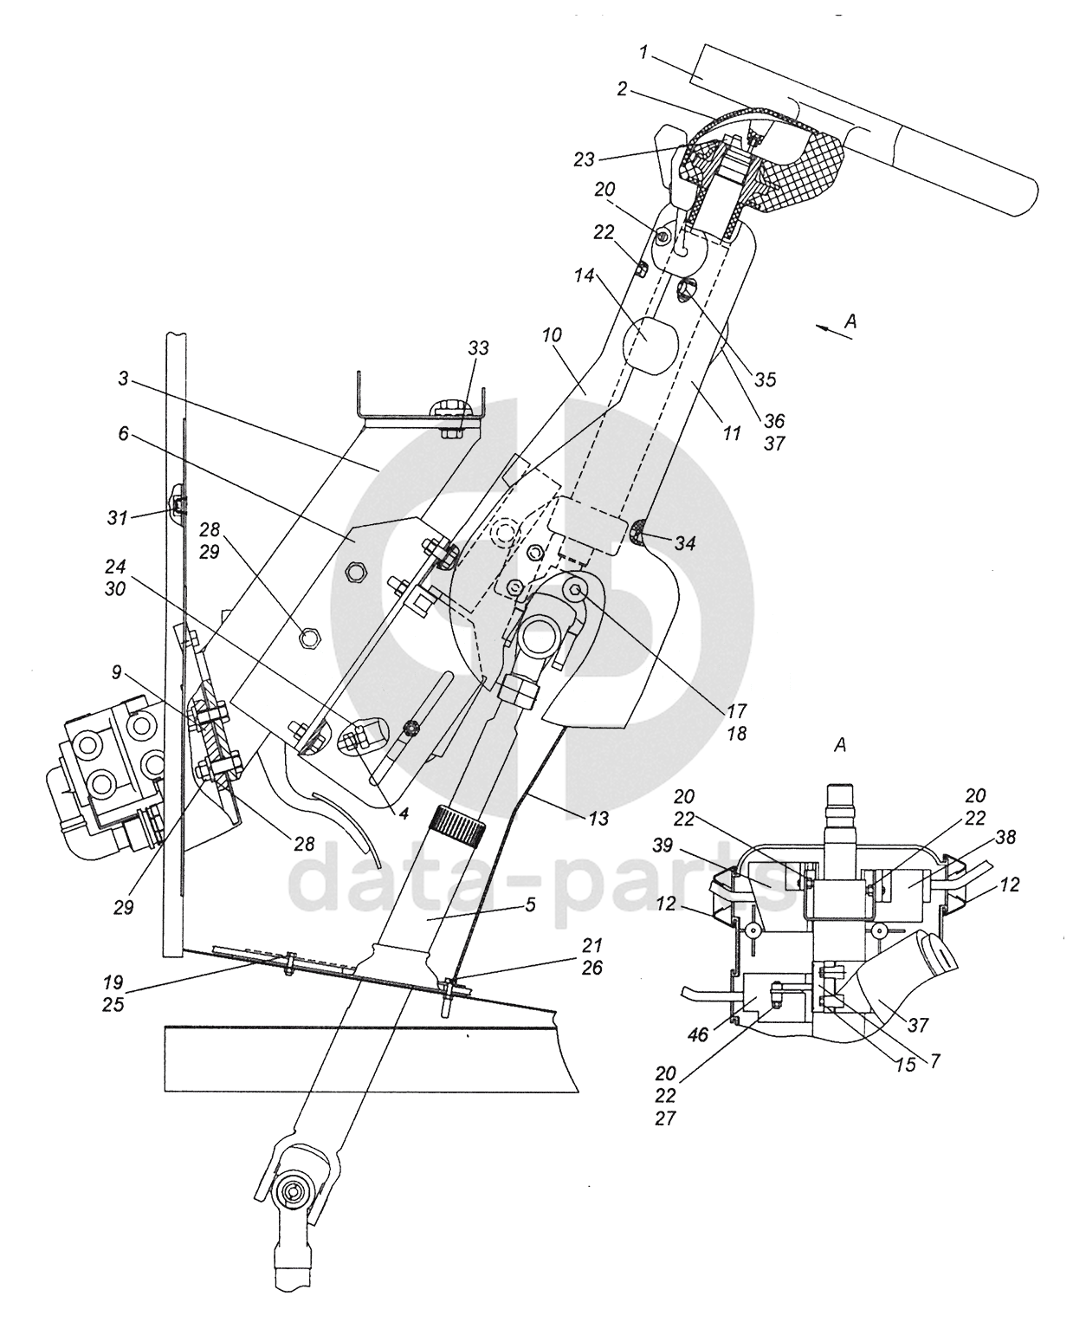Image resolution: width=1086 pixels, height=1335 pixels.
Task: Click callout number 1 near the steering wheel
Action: (x=643, y=52)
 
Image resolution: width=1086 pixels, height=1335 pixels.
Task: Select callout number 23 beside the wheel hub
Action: (x=584, y=159)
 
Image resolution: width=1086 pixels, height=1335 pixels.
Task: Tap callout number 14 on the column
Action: (x=584, y=275)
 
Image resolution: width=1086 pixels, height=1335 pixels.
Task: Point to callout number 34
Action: (x=684, y=543)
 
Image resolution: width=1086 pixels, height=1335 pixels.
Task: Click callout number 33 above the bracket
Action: (x=478, y=348)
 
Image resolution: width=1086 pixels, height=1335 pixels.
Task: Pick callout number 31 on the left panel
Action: (x=118, y=518)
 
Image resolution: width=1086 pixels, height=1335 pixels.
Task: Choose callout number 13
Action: (x=598, y=818)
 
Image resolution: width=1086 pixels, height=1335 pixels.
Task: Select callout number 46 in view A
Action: (x=698, y=1034)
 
